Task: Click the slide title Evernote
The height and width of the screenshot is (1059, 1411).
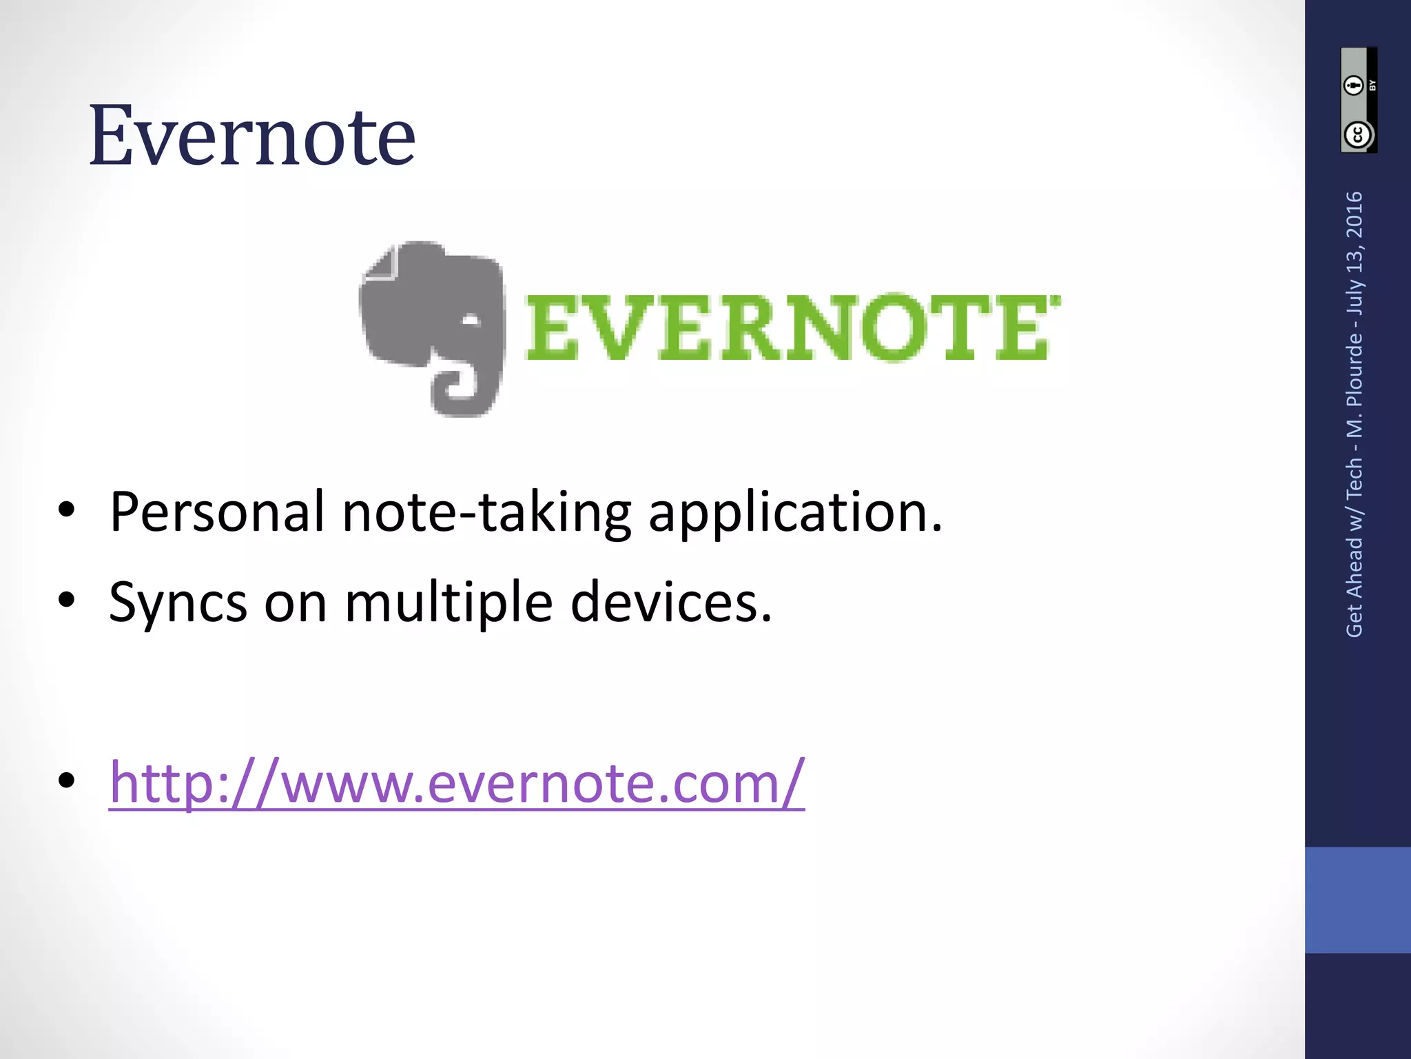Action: coord(252,135)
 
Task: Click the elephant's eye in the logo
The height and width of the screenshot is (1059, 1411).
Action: coord(471,321)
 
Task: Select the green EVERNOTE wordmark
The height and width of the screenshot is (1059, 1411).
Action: coord(792,327)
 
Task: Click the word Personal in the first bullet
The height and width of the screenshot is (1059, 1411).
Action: coord(216,512)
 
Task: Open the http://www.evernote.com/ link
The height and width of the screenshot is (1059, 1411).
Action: coord(456,783)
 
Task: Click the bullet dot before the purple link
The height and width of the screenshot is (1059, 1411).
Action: coord(67,780)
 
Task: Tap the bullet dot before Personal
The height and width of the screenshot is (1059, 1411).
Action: coord(67,510)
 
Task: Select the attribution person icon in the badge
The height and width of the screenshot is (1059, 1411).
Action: coord(1355,85)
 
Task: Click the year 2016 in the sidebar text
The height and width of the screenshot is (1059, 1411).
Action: coord(1355,214)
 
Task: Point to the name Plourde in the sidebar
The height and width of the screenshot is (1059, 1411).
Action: coord(1355,370)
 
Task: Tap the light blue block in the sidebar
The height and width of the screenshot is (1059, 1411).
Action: coord(1357,900)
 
